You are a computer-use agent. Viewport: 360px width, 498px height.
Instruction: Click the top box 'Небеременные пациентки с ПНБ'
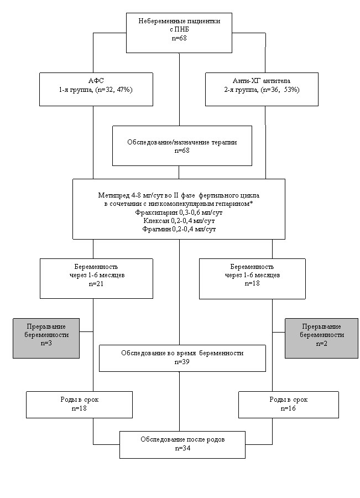tap(179, 33)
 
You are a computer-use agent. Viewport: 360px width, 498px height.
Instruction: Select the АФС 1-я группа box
tap(96, 89)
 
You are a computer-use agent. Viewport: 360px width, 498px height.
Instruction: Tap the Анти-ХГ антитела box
tap(262, 89)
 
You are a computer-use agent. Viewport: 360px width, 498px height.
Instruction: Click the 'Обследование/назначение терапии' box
tap(182, 146)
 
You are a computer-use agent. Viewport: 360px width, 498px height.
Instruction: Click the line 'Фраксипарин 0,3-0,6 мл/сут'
tap(179, 212)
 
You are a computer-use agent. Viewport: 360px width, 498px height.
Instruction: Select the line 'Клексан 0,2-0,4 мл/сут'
tap(179, 221)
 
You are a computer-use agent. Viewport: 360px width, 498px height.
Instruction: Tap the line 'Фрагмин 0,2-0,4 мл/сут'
tap(179, 229)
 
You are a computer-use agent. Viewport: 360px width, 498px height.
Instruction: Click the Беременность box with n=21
tap(96, 278)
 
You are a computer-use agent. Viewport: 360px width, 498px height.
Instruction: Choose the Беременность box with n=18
tap(252, 278)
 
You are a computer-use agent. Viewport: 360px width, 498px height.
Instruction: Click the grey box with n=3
tap(46, 338)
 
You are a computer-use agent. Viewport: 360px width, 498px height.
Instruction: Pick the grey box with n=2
tap(321, 338)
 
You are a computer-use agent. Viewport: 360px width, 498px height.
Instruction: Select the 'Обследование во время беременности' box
tap(182, 358)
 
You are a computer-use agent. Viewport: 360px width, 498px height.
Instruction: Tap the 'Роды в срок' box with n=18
tap(79, 404)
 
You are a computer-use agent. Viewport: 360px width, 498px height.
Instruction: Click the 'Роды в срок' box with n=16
tap(288, 404)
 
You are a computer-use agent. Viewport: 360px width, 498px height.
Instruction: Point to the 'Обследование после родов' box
tap(182, 445)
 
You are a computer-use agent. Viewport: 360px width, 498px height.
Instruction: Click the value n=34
tap(182, 448)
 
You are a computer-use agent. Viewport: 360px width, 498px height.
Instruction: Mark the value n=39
tap(182, 362)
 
